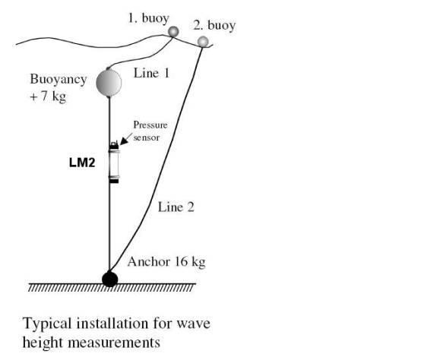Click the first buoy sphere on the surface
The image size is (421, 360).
[173, 32]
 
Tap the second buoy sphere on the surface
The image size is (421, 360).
[203, 42]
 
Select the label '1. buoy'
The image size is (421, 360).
[148, 18]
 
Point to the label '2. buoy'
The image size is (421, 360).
[214, 26]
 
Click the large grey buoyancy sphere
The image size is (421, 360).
[109, 83]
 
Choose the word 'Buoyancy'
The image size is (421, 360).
[59, 80]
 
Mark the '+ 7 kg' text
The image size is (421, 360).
[48, 96]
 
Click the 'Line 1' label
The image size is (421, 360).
[151, 73]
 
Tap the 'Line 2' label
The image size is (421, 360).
[176, 207]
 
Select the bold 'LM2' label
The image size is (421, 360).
[82, 163]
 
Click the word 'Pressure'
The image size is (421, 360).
[150, 125]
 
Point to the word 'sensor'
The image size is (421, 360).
[147, 137]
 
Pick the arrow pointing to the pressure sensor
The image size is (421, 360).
[126, 139]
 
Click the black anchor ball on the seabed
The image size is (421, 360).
[110, 279]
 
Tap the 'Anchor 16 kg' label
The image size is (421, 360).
[166, 261]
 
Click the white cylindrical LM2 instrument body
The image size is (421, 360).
[114, 163]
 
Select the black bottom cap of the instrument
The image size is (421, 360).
[114, 182]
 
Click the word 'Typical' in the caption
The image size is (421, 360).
[48, 324]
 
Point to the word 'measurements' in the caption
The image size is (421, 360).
[114, 343]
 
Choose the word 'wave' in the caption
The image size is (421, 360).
[193, 324]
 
